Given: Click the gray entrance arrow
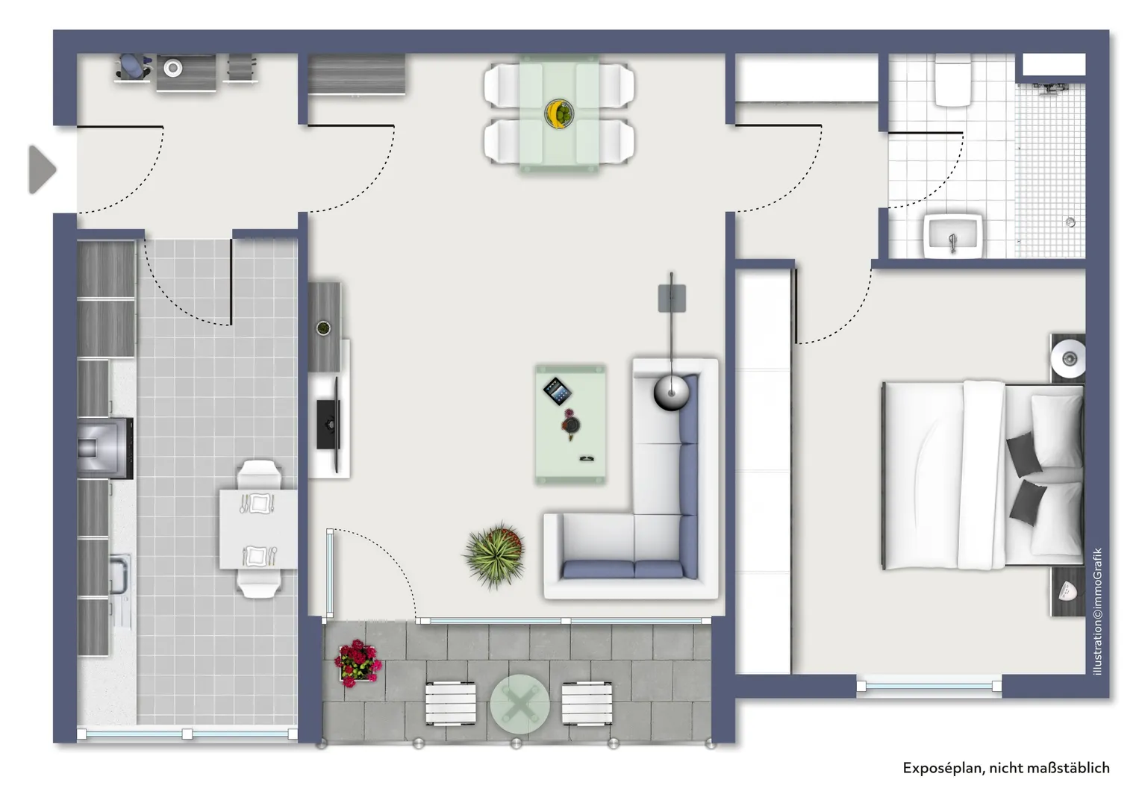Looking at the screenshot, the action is click(x=42, y=169).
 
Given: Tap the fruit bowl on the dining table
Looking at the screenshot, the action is click(x=559, y=113).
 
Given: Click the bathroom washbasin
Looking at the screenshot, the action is click(x=953, y=236).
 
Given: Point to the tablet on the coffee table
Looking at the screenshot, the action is click(x=558, y=391).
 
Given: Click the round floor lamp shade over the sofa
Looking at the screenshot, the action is click(x=671, y=393).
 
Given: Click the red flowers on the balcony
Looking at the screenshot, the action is click(x=358, y=663).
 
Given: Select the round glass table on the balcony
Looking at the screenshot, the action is click(x=519, y=705).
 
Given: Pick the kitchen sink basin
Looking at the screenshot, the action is click(x=119, y=575).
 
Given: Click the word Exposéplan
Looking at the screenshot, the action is click(x=943, y=768).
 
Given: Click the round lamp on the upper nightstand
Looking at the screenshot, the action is click(x=1068, y=358).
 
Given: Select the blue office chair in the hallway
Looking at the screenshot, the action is click(x=134, y=66).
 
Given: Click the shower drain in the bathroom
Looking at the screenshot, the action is click(x=1070, y=222).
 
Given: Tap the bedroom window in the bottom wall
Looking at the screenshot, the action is click(x=929, y=686).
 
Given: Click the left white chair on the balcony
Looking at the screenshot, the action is click(x=451, y=704).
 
